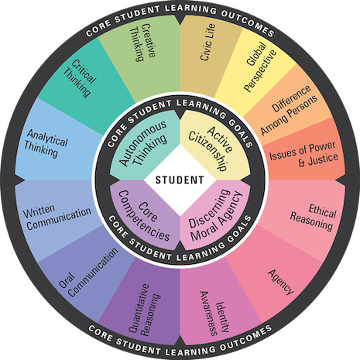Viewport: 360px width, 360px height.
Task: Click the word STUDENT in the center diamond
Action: click(180, 180)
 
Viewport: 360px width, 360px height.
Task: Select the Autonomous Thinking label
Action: click(143, 143)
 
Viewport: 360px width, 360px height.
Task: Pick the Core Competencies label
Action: click(144, 216)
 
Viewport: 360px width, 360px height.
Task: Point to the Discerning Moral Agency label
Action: click(215, 215)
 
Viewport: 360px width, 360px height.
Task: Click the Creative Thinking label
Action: click(143, 43)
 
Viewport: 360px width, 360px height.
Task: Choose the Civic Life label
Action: click(207, 42)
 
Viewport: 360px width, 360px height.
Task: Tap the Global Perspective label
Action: click(259, 67)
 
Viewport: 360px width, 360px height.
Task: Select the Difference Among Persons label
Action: click(289, 110)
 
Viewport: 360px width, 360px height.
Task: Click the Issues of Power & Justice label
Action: click(303, 154)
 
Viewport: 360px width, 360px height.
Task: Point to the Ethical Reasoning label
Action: click(313, 218)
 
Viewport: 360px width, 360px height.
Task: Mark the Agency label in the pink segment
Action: click(281, 282)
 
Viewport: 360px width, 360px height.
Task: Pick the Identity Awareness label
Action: click(214, 314)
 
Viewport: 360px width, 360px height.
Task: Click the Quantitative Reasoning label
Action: click(145, 310)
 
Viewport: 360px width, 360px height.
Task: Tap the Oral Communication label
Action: click(88, 273)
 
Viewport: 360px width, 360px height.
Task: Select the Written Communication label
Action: click(57, 217)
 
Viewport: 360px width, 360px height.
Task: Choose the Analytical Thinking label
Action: click(46, 143)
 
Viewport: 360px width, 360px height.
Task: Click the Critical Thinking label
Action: click(80, 78)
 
